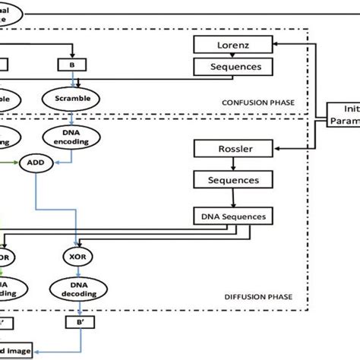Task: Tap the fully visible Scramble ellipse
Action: pos(72,98)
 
